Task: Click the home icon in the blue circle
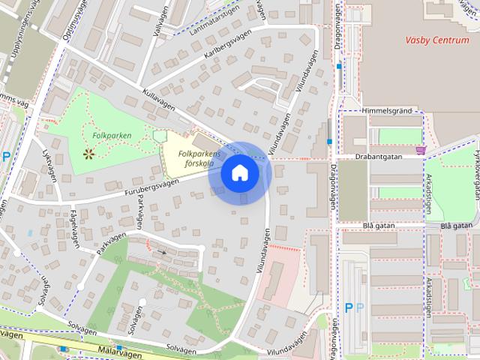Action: coord(239,172)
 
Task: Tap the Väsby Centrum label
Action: coord(436,40)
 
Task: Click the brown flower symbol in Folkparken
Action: coord(89,154)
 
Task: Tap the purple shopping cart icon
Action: coord(425,150)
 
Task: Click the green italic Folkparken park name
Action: coord(112,136)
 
